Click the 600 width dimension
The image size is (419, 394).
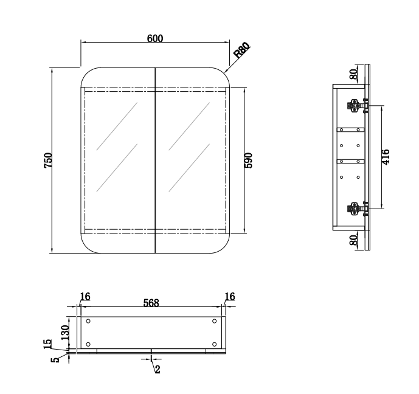155,38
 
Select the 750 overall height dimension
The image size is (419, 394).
49,160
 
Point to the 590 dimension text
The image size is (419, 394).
248,160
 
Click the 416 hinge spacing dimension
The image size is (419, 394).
386,157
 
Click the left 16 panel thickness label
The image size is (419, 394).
85,297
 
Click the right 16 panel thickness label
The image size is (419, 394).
229,297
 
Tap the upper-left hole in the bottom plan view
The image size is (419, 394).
89,321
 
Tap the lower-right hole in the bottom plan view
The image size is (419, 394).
214,344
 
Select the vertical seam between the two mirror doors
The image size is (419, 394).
156,160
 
